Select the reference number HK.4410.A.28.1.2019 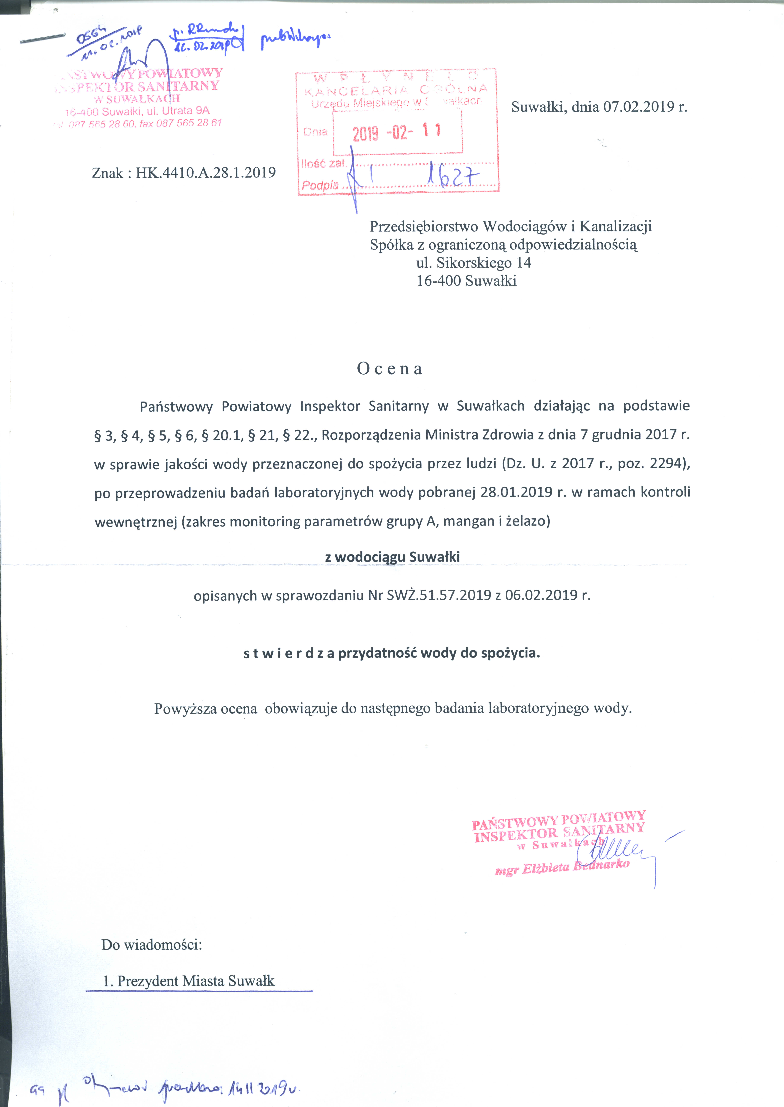206,173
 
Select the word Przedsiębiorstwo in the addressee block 424,226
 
